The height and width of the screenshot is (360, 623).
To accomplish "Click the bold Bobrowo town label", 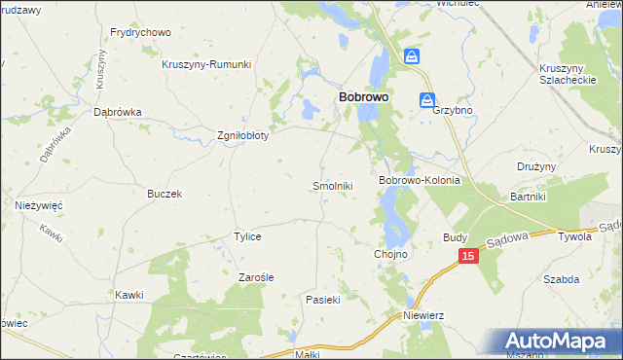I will click(364, 98).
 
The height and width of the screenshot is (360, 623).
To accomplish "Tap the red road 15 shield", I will click(469, 255).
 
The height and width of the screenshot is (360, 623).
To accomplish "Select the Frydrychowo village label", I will click(140, 32).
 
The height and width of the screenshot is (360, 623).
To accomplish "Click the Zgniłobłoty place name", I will click(241, 135).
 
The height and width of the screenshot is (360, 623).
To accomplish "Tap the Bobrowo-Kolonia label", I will click(419, 181).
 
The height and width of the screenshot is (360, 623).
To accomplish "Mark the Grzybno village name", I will click(452, 111).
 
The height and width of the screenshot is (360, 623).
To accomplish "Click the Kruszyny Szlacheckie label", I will click(568, 74).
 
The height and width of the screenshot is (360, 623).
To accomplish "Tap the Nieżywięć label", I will click(39, 205).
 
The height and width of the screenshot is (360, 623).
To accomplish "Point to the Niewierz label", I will click(423, 315).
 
